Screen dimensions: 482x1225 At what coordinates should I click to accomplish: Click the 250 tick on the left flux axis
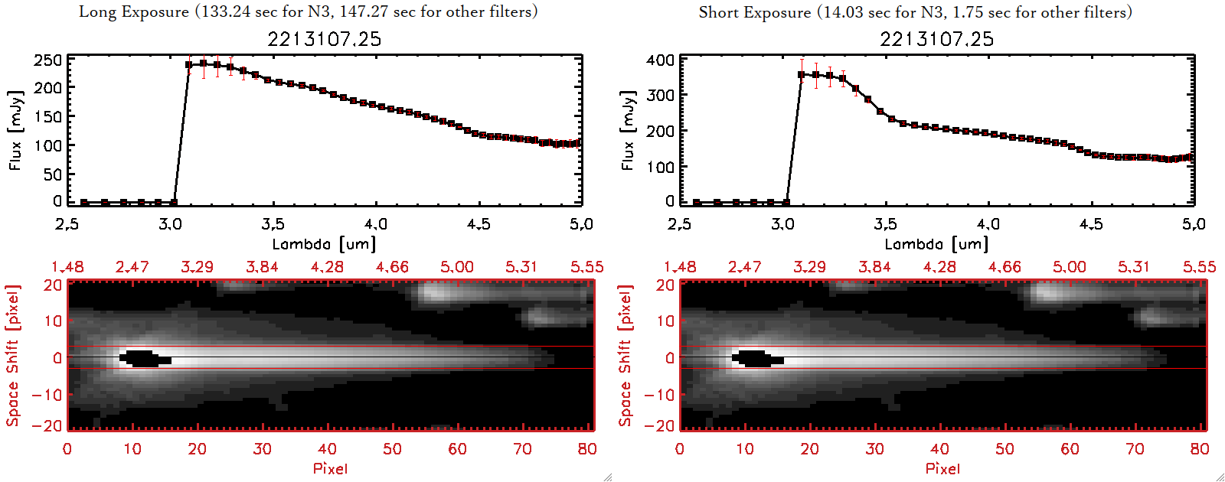47,60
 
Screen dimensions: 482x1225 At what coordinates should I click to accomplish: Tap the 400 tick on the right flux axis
660,60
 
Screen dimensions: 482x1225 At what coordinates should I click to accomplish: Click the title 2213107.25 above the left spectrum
324,39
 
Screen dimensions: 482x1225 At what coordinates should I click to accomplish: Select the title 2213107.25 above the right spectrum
936,39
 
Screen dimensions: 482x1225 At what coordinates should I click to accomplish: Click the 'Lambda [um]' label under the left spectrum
324,244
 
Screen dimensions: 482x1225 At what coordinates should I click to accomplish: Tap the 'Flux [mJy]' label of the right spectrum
628,130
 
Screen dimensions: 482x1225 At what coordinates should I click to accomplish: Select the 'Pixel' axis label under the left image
330,468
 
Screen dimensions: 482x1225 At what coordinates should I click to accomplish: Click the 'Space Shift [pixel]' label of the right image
626,356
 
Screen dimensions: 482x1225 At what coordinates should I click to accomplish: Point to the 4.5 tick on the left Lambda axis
479,224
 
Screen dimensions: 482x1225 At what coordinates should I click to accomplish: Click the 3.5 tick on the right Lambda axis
885,224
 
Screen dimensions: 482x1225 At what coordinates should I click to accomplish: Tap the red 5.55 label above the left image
586,267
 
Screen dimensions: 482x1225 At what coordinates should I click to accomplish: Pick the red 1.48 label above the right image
680,267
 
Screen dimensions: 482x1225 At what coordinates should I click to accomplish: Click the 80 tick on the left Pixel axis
587,449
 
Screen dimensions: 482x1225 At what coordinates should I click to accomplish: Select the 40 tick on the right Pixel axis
939,449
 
